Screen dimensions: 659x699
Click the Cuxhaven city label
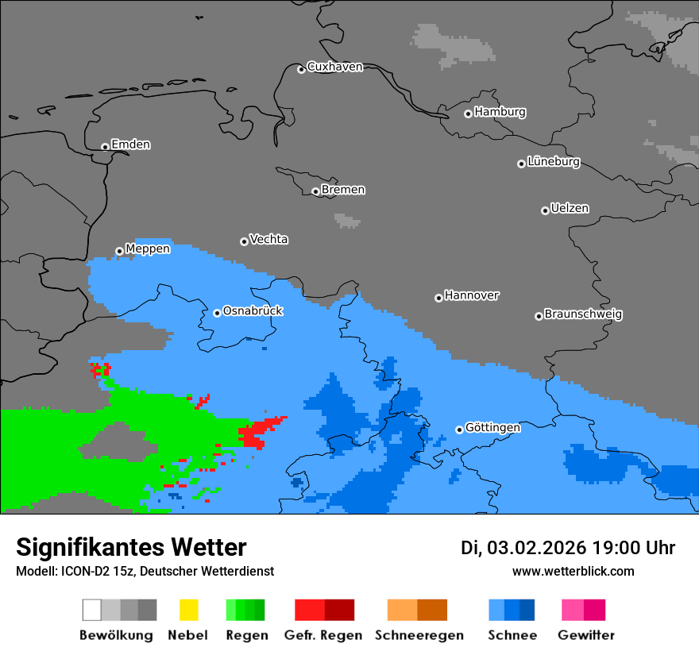pyautogui.click(x=334, y=67)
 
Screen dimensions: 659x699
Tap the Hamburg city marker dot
pyautogui.click(x=468, y=114)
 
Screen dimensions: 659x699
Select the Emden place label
pyautogui.click(x=130, y=145)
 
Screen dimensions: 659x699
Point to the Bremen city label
pyautogui.click(x=343, y=190)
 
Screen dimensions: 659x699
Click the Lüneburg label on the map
pyautogui.click(x=554, y=162)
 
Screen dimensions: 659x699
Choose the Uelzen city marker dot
pyautogui.click(x=545, y=210)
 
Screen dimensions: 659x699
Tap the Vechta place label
pyautogui.click(x=268, y=240)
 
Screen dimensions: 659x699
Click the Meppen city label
pyautogui.click(x=148, y=249)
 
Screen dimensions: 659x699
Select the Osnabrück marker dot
pyautogui.click(x=217, y=313)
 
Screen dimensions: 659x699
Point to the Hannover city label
pyautogui.click(x=472, y=296)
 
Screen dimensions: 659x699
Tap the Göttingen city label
pyautogui.click(x=492, y=428)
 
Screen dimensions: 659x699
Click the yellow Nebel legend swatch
pyautogui.click(x=188, y=610)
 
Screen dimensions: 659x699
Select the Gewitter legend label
pyautogui.click(x=585, y=635)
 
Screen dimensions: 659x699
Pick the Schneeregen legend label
pyautogui.click(x=419, y=635)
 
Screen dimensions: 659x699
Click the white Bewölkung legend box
pyautogui.click(x=92, y=610)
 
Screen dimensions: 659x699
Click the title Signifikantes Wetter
pyautogui.click(x=131, y=548)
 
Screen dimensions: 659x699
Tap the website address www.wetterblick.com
pyautogui.click(x=573, y=571)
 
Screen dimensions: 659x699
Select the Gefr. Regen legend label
pyautogui.click(x=323, y=635)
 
